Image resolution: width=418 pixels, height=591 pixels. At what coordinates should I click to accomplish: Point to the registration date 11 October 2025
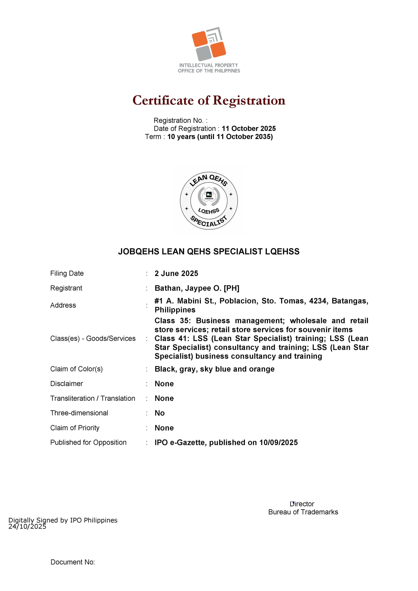click(249, 129)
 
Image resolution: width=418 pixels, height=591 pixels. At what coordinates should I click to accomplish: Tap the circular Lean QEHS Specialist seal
click(209, 201)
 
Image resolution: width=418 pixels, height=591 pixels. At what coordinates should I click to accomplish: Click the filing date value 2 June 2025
click(176, 273)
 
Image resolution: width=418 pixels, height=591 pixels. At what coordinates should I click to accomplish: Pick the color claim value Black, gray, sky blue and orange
click(214, 369)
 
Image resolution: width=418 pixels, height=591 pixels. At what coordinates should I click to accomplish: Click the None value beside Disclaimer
click(164, 384)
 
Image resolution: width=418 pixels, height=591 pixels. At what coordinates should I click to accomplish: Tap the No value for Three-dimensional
click(160, 413)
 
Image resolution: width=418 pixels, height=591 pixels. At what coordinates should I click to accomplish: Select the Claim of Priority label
click(75, 428)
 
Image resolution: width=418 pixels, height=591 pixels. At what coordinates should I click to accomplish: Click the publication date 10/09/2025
click(279, 442)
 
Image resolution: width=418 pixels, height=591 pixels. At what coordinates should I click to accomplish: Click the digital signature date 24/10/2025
click(27, 527)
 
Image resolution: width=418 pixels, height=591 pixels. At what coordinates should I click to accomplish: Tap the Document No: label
click(73, 562)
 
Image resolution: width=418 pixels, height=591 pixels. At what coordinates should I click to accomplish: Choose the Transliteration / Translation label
click(93, 399)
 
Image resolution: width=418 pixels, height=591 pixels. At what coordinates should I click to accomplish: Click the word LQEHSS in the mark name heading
click(282, 251)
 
